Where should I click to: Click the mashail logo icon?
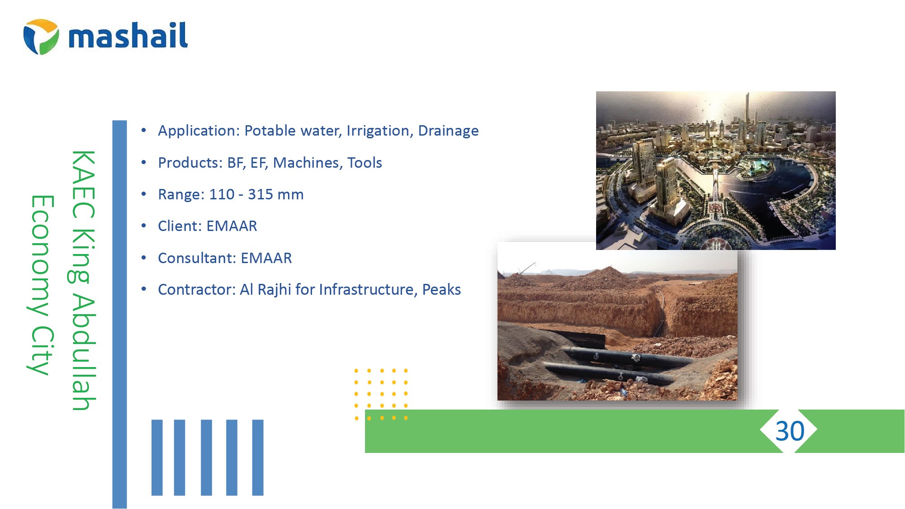41,37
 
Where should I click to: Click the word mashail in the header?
128,35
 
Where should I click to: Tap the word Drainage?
448,131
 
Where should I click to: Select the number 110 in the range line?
222,194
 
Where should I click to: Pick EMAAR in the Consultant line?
266,258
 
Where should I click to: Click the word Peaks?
441,290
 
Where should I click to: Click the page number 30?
790,431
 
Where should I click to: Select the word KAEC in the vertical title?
84,184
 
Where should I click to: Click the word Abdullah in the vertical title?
84,353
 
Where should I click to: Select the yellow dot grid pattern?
381,394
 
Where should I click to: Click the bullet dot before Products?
144,162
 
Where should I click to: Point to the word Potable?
270,131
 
